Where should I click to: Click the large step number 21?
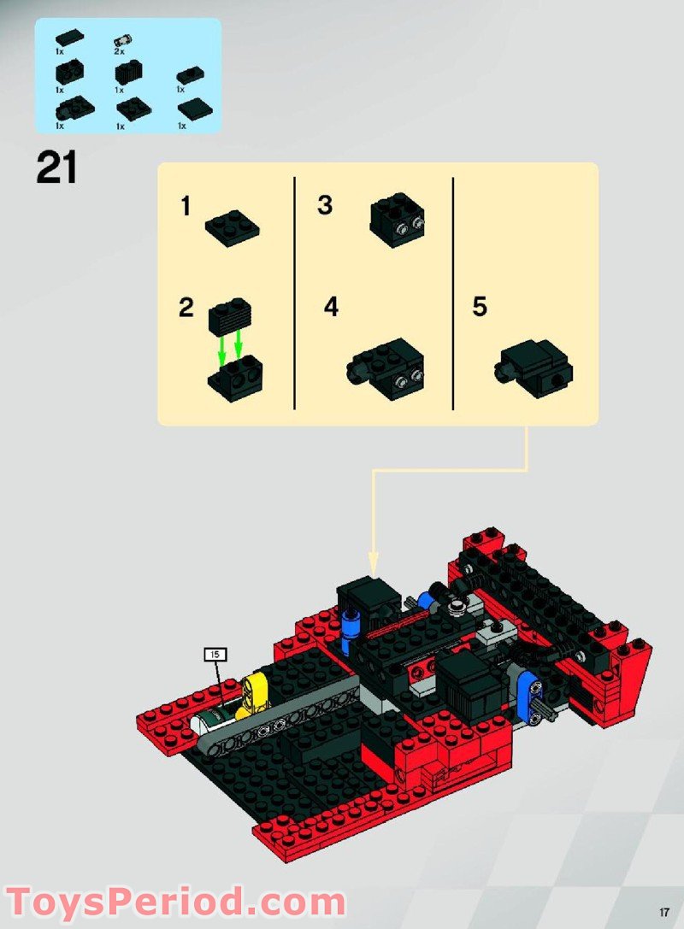click(x=56, y=168)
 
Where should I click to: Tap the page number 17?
click(x=663, y=910)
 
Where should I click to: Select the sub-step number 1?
click(x=186, y=208)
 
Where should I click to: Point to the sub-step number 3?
click(x=325, y=206)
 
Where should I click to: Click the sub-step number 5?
click(x=480, y=307)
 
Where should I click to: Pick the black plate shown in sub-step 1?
click(x=232, y=227)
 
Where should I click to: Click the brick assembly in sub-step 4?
click(x=386, y=367)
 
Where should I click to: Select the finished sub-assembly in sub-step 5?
click(x=534, y=366)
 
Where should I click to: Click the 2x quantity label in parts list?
click(x=121, y=52)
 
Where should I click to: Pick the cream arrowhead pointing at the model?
click(x=372, y=562)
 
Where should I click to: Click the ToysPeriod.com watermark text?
click(x=175, y=902)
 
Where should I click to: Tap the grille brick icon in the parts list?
click(x=129, y=74)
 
